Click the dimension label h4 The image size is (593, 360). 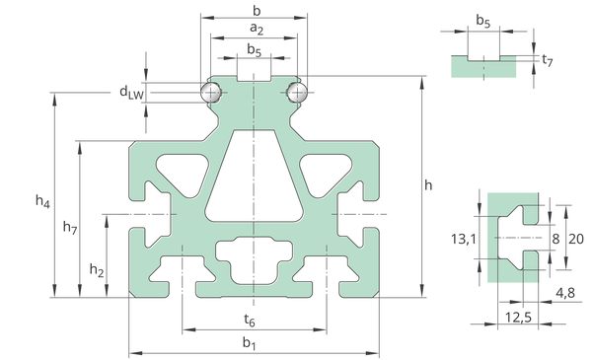(42, 201)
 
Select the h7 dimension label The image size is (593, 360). (70, 227)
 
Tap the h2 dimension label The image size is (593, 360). (97, 270)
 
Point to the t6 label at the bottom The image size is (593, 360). (250, 321)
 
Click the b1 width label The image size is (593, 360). (250, 343)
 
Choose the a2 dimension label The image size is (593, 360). (257, 29)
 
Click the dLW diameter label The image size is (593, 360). (131, 92)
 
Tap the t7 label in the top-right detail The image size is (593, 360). (548, 60)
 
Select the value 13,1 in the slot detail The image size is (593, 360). (464, 239)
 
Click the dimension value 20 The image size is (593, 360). (576, 239)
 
